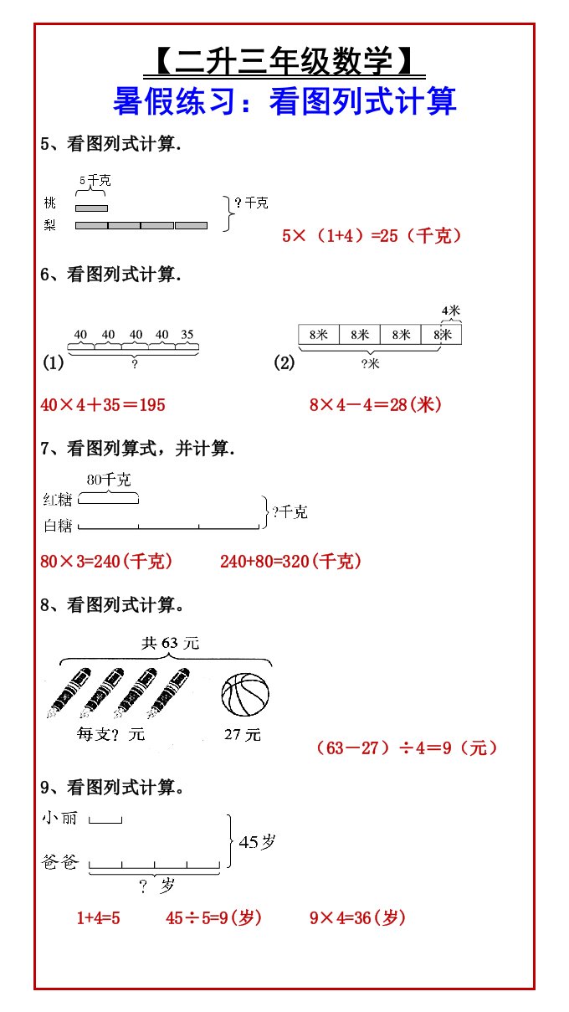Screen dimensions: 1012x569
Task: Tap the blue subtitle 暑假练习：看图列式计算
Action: [284, 101]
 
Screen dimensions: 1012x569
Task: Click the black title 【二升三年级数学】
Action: [284, 60]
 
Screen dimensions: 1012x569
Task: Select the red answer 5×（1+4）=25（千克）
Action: [372, 236]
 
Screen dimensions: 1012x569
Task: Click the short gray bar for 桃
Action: [91, 208]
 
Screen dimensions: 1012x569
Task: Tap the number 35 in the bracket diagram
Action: [186, 335]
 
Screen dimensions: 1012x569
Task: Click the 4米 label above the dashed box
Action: [451, 311]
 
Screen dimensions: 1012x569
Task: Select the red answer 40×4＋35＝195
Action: [103, 405]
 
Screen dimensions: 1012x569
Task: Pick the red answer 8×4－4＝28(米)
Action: [376, 405]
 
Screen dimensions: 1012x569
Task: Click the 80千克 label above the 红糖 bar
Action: [109, 480]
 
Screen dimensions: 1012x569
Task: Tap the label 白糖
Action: [58, 526]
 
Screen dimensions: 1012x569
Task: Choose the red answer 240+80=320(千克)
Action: [291, 562]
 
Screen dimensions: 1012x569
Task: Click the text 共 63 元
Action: [171, 643]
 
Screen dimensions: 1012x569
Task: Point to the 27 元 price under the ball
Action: [243, 734]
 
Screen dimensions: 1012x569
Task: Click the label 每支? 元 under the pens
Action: [111, 734]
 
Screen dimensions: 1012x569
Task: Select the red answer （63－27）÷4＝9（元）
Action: [407, 747]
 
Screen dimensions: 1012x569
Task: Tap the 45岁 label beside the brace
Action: [257, 843]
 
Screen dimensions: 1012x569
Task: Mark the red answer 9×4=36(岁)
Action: [358, 918]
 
